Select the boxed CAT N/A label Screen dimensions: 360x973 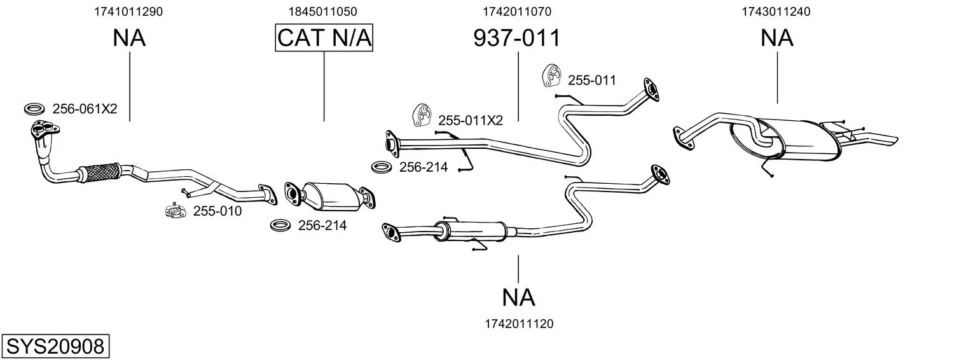324,38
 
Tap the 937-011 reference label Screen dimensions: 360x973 517,38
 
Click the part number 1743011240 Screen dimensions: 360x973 776,11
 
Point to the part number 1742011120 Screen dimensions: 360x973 518,324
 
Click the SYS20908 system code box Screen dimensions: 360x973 55,347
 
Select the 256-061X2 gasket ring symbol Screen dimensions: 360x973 34,109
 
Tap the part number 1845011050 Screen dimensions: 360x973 324,11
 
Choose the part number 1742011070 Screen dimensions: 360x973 517,11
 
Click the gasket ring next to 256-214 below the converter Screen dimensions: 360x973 280,225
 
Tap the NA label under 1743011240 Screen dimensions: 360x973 776,38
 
